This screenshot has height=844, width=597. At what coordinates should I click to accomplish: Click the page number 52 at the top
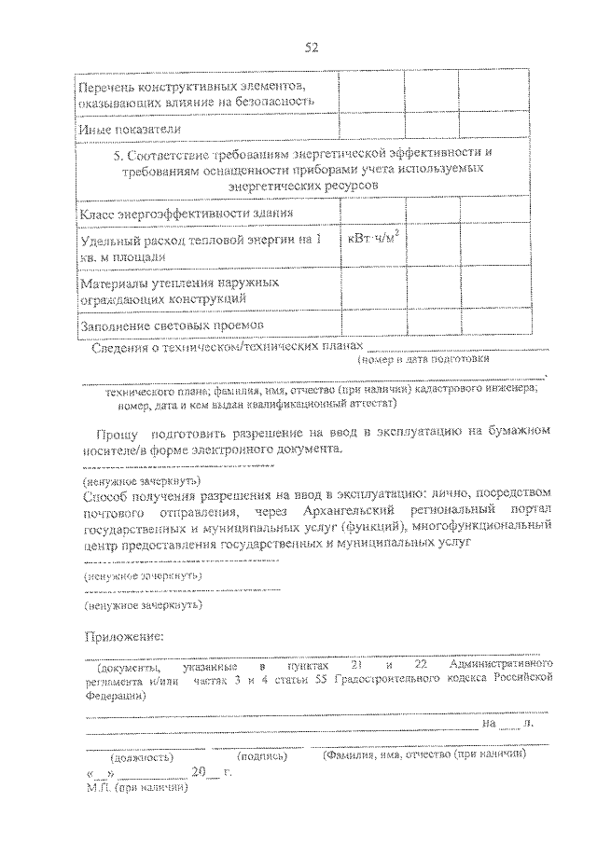tap(311, 48)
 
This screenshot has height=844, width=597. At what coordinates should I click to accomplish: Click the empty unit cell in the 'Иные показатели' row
tap(371, 128)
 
